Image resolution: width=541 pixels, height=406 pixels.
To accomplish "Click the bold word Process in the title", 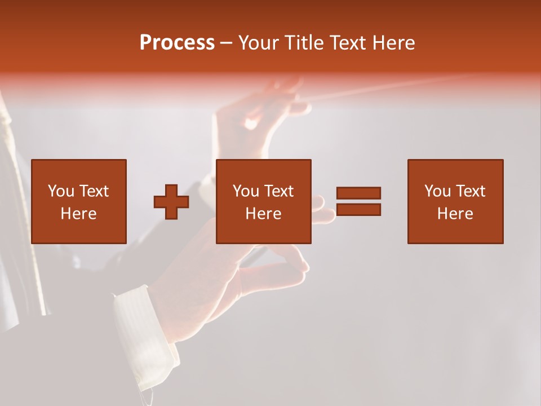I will (x=177, y=43).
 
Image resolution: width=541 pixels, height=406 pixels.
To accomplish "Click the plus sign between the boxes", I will (x=171, y=202).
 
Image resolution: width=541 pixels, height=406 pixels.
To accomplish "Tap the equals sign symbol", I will (x=358, y=201).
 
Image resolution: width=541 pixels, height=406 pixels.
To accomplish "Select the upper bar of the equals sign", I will (x=358, y=193).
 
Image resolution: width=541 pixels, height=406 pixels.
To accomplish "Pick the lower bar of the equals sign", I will (x=358, y=209).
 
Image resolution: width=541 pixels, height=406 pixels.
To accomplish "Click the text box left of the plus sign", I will (x=79, y=201).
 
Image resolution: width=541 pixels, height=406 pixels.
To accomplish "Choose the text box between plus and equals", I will (x=264, y=201).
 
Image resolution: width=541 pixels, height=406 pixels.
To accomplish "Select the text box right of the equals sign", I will (x=455, y=201).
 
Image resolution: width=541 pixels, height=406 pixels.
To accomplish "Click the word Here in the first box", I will (x=79, y=214).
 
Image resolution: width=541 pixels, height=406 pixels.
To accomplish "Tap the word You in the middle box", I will (x=246, y=191).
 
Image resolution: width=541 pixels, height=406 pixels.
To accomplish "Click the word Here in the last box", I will (x=455, y=214).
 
